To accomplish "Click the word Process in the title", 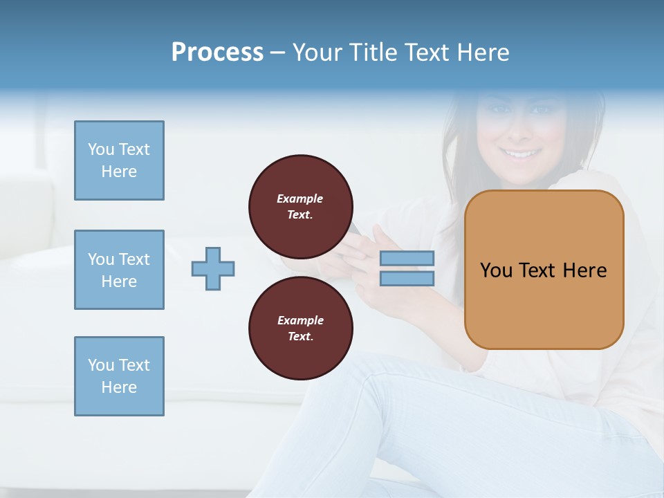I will point(217,53).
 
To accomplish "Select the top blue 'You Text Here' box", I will point(119,160).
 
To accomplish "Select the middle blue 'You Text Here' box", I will point(119,270).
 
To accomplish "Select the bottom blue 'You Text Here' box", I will point(119,376).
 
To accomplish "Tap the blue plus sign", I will point(213,268).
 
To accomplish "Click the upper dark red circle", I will point(300,206).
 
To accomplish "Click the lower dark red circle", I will point(300,328).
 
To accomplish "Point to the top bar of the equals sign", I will point(407,259).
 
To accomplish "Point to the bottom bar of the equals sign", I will point(407,278).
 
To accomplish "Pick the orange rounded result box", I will point(544,304).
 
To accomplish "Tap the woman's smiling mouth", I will point(520,154).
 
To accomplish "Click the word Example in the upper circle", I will point(299,199).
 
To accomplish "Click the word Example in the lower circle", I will point(300,320).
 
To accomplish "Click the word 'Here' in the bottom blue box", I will point(119,387).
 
